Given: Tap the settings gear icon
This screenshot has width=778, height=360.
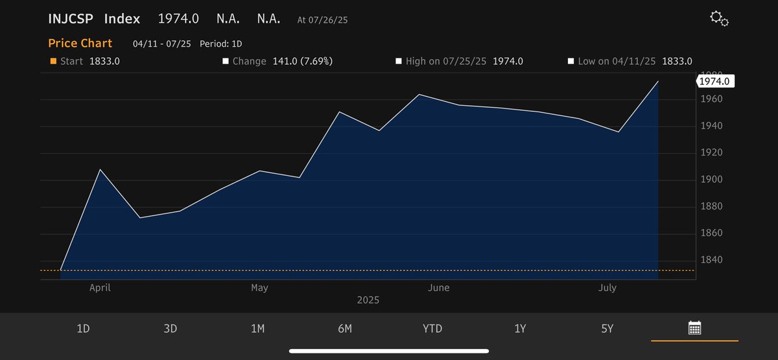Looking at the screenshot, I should [x=719, y=19].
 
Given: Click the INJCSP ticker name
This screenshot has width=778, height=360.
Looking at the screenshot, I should [x=71, y=19].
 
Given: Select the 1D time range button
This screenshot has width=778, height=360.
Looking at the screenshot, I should [x=83, y=329].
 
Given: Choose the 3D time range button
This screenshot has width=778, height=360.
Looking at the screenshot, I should [x=171, y=329].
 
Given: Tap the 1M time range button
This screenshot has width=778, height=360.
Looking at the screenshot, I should [x=257, y=329].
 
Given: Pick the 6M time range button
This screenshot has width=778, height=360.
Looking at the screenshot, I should [x=345, y=329].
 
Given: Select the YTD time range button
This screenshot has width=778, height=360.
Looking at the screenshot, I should [x=432, y=329].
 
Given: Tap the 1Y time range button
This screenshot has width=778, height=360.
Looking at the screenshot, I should [x=520, y=329].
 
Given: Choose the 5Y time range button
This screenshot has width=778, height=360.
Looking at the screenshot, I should [x=607, y=329].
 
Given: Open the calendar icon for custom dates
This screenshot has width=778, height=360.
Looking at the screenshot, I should [x=694, y=328].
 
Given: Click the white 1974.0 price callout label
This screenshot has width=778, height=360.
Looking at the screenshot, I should [x=716, y=81].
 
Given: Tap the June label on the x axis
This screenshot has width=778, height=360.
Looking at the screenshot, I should [x=439, y=287].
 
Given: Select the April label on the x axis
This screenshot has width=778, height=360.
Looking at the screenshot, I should [x=100, y=287].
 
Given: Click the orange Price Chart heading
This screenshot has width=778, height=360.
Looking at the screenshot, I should [x=80, y=43].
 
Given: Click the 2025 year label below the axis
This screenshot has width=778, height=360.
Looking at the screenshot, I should [x=368, y=300].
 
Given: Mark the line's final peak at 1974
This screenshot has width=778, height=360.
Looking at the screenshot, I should [x=658, y=82].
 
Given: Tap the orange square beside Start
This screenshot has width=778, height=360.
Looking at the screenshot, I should [x=53, y=61].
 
